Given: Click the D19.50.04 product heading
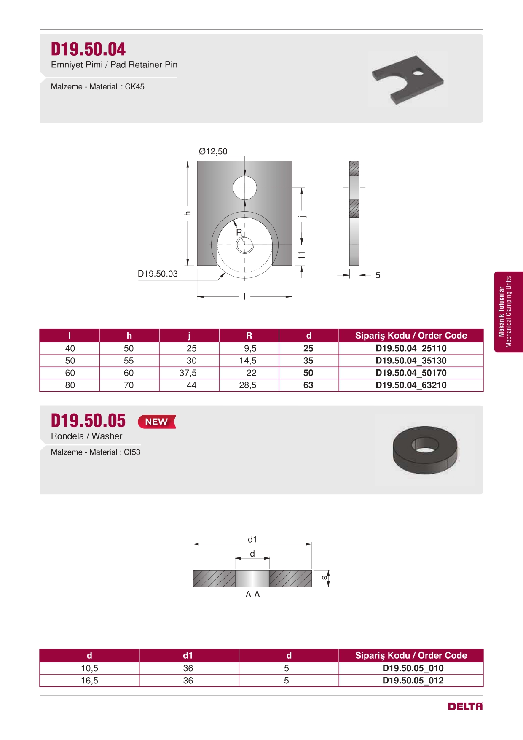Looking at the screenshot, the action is click(x=88, y=49).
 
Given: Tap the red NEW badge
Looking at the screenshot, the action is click(x=157, y=422).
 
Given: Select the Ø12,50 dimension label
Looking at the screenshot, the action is click(x=213, y=151).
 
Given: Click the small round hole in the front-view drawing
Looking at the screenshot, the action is click(x=245, y=188).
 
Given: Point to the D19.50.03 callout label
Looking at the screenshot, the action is click(x=158, y=274).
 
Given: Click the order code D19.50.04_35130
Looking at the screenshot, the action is click(x=411, y=361).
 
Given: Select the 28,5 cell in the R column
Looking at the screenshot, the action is click(x=248, y=385).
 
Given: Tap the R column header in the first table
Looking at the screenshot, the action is click(x=249, y=336).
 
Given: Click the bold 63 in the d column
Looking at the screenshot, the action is click(x=308, y=385).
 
